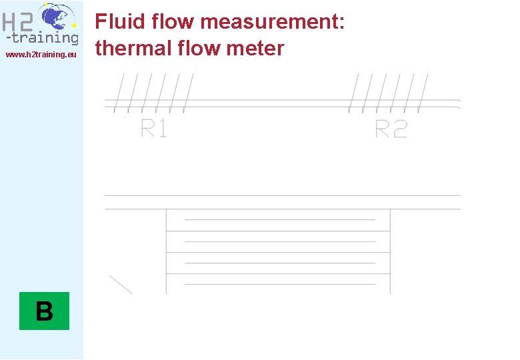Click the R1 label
[x=154, y=128]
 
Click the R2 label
[x=391, y=128]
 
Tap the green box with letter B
[x=44, y=311]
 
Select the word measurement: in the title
[x=272, y=22]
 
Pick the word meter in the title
[x=256, y=49]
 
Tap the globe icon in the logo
[x=55, y=17]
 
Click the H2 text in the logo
[x=18, y=23]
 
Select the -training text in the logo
[x=42, y=38]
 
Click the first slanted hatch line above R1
[x=121, y=92]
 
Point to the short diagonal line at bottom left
[x=121, y=285]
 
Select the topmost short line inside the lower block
[x=280, y=219]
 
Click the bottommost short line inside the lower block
[x=280, y=284]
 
